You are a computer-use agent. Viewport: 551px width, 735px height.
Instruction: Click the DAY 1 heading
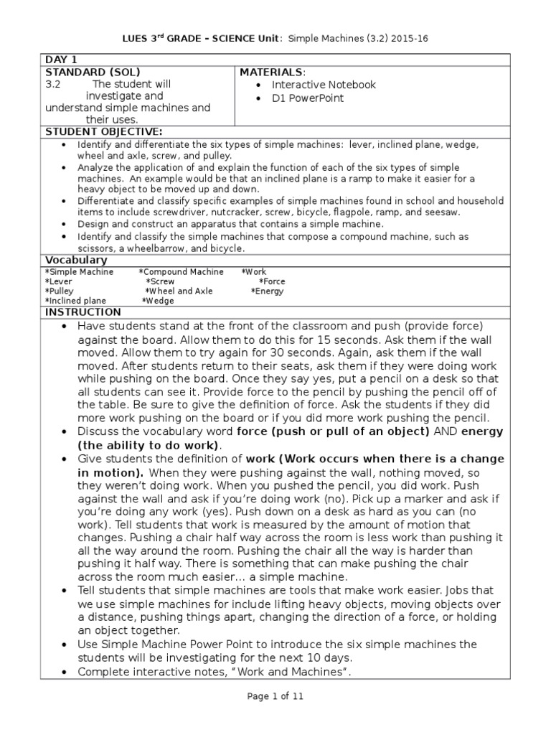[62, 60]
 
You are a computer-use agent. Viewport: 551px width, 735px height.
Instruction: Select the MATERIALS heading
[272, 72]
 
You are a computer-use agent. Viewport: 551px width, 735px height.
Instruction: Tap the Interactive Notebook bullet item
[324, 85]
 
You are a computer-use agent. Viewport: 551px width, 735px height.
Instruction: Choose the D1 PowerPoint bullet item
[308, 98]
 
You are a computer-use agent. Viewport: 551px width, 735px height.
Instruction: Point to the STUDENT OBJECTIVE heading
[104, 132]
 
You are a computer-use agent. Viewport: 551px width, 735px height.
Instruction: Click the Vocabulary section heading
[76, 260]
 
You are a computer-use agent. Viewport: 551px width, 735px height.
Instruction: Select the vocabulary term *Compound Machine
[181, 272]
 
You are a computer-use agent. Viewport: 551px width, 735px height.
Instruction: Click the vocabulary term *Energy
[267, 291]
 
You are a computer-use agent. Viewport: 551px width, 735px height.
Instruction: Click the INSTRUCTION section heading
[83, 312]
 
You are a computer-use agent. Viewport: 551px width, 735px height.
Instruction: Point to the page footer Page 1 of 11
[275, 696]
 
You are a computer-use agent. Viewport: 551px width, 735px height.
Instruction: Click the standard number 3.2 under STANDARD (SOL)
[53, 85]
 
